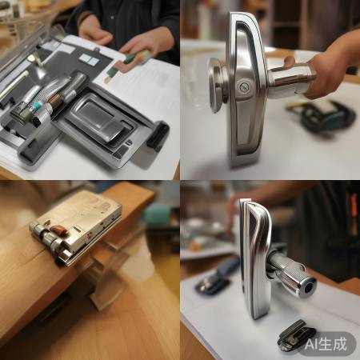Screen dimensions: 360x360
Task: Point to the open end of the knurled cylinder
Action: pos(306,287)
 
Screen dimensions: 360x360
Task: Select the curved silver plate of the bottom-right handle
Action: pos(255,256)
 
